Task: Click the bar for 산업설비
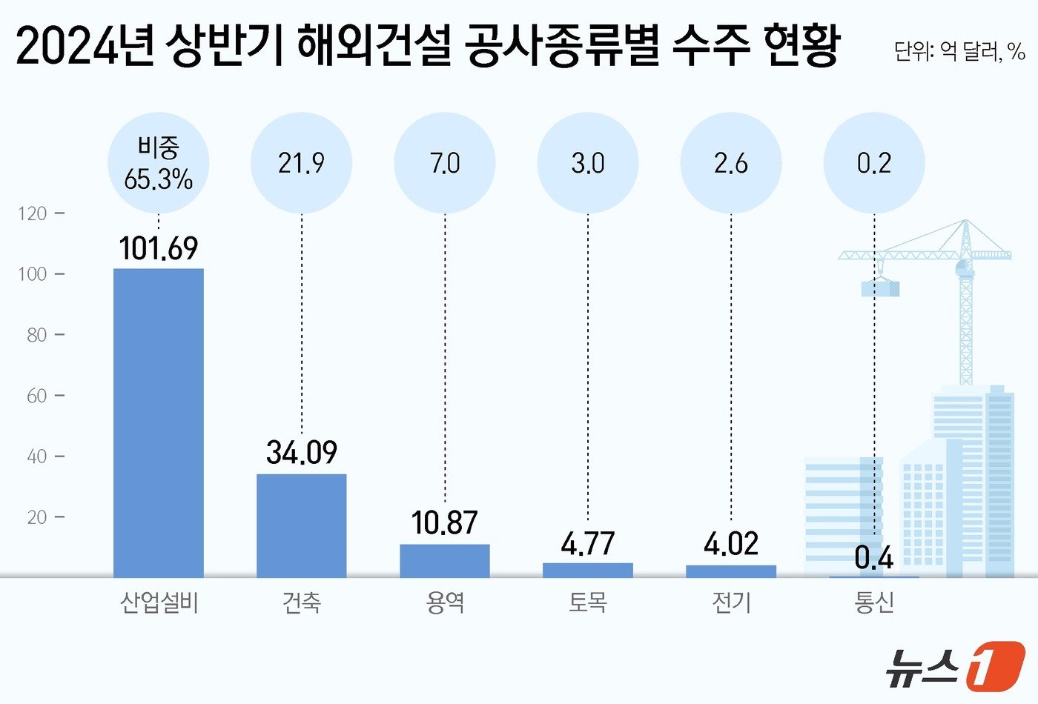coord(158,422)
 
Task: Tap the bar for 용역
coord(445,560)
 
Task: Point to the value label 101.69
coord(159,248)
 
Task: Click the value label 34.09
coord(302,452)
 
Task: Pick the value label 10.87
coord(445,523)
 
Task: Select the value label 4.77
coord(588,544)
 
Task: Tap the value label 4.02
coord(731,544)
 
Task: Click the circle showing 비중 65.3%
coord(159,163)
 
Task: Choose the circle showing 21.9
coord(302,163)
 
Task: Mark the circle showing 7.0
coord(445,163)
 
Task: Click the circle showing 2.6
coord(731,163)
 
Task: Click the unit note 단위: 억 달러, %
coord(959,51)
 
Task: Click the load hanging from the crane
coord(880,288)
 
